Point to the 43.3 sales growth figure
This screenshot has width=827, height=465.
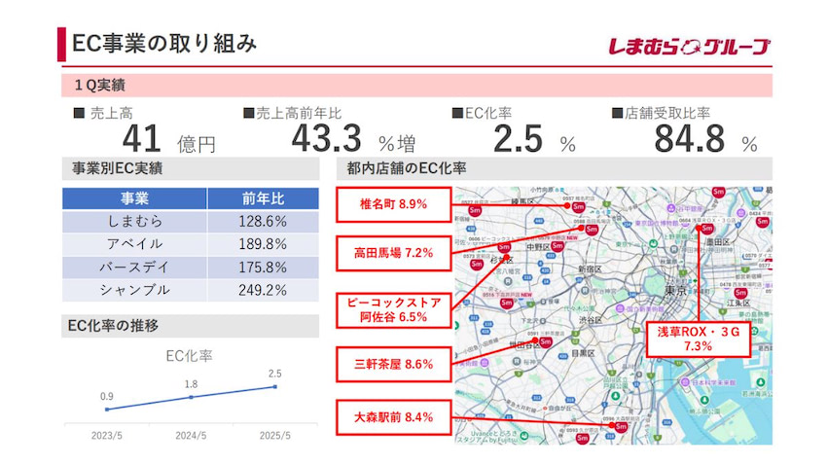(327, 139)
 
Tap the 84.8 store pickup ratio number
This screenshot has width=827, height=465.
(690, 139)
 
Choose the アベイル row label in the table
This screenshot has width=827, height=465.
(134, 244)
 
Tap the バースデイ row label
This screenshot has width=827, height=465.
(134, 267)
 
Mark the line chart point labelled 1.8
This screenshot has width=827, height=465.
(192, 397)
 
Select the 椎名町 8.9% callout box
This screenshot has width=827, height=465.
(394, 205)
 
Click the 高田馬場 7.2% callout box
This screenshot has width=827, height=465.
(394, 253)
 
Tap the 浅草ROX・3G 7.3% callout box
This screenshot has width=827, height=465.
(699, 339)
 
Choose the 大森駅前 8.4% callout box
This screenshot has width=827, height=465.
(394, 419)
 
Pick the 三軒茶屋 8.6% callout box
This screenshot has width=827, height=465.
(394, 365)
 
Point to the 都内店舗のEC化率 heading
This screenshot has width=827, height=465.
(407, 168)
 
